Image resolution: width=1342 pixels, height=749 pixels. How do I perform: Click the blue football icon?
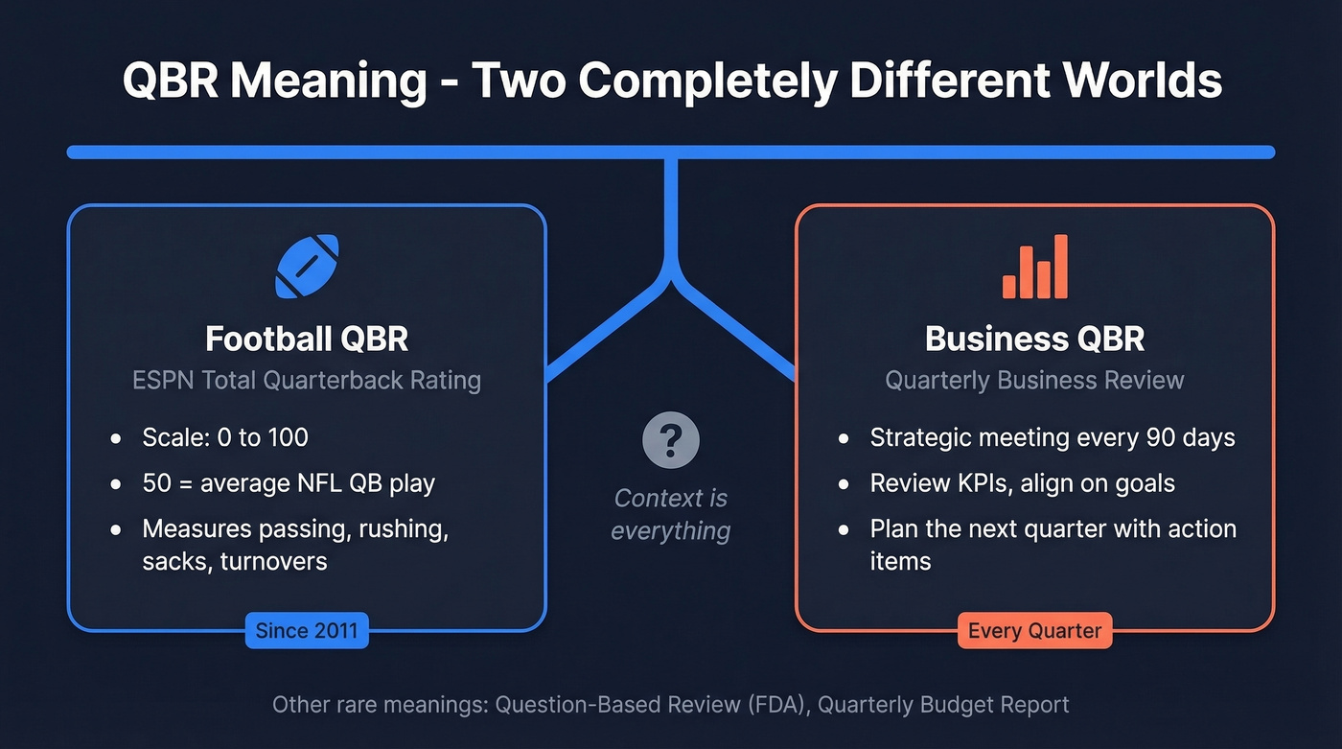[x=307, y=268]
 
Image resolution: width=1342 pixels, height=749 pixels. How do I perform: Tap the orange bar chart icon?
[x=1035, y=268]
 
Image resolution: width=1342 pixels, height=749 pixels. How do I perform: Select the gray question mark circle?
[x=671, y=441]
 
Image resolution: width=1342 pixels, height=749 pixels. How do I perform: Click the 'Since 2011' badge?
[x=307, y=630]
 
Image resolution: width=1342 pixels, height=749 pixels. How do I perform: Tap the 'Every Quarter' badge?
[x=1035, y=630]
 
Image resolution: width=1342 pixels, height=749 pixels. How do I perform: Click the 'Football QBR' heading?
[x=307, y=339]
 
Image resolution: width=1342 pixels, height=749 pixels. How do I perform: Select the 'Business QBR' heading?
[x=1035, y=339]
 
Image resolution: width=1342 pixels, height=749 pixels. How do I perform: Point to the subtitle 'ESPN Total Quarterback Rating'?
[x=307, y=380]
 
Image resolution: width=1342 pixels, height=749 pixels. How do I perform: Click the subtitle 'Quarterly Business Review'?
[x=1035, y=380]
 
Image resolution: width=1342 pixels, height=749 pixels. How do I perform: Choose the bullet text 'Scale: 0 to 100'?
[x=225, y=438]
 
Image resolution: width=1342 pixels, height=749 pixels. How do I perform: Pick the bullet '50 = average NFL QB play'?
[x=289, y=483]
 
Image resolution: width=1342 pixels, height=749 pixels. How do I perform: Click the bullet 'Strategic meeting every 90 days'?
[x=1053, y=438]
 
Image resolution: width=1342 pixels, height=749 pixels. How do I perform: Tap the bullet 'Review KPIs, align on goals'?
[x=1022, y=483]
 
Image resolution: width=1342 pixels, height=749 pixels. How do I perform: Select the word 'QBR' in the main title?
[x=171, y=81]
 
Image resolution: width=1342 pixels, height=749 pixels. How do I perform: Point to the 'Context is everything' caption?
[x=671, y=514]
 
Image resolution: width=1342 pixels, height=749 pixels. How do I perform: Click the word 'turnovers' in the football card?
[x=274, y=561]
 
